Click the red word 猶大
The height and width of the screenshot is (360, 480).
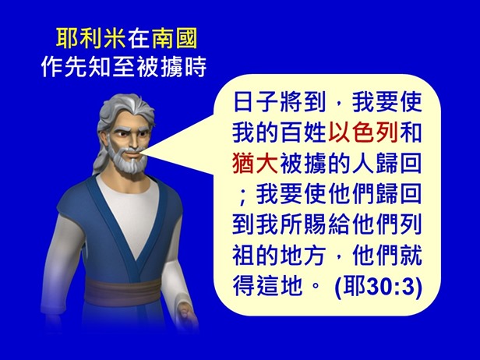255,165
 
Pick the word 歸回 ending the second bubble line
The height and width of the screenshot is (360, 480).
405,165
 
